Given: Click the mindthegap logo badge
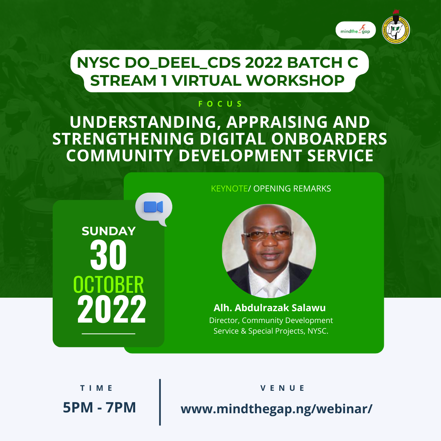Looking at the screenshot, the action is [356, 30].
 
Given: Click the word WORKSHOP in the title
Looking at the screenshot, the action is [295, 81].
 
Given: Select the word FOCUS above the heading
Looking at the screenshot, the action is [220, 104].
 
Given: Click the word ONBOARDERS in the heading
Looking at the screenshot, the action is [329, 139].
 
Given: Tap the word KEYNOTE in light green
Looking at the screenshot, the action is [229, 188].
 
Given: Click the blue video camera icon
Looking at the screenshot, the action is [153, 207].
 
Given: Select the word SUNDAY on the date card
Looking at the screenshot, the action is [109, 231].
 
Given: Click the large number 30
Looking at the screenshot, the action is [108, 255].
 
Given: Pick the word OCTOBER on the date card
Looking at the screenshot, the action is [108, 285].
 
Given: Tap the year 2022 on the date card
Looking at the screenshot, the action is [111, 309].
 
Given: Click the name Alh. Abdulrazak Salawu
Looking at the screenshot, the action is [270, 308].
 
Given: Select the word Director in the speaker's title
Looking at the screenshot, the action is [224, 321].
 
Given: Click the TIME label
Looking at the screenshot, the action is [96, 388].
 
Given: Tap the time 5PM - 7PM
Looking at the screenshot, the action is [99, 407].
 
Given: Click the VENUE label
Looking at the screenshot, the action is [283, 388].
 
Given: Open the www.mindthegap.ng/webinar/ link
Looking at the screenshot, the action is [276, 409].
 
